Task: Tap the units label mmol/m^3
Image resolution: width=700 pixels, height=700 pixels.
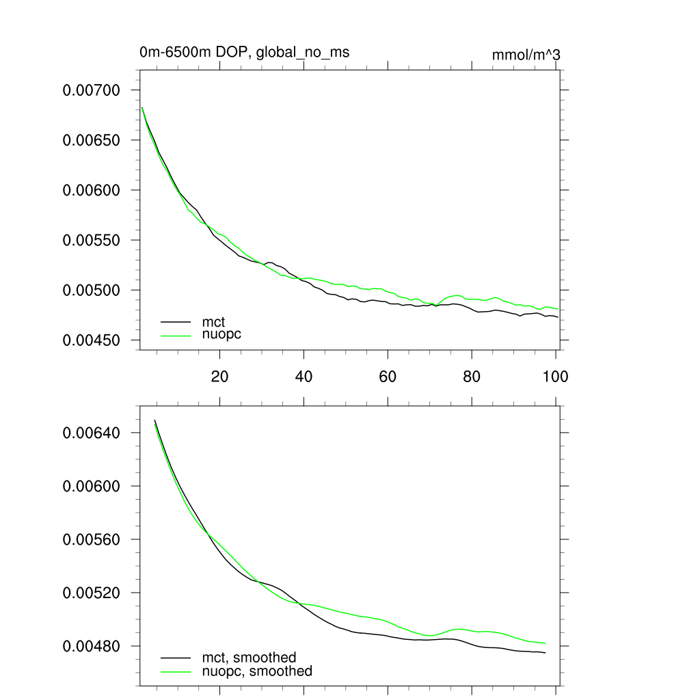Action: click(526, 55)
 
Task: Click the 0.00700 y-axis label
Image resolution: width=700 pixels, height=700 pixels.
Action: click(92, 90)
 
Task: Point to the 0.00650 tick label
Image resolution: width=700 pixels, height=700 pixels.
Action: click(92, 140)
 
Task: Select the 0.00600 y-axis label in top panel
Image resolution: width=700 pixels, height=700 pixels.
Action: click(92, 190)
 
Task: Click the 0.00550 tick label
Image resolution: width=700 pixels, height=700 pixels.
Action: click(92, 241)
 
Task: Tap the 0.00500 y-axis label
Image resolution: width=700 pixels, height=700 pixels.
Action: click(92, 291)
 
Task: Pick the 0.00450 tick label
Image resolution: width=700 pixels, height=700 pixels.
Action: click(92, 340)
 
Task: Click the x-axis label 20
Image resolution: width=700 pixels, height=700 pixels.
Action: click(219, 376)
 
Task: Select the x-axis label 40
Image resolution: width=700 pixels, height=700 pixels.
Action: click(304, 376)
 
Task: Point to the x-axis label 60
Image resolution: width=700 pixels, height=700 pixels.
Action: click(388, 376)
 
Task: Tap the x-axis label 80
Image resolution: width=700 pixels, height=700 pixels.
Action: click(472, 376)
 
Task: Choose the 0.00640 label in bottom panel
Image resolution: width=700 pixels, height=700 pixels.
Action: click(92, 433)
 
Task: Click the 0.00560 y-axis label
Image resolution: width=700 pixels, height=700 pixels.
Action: click(92, 539)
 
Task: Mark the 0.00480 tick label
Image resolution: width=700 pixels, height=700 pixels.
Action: click(92, 646)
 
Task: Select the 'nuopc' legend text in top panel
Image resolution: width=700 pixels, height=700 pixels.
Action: click(221, 334)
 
